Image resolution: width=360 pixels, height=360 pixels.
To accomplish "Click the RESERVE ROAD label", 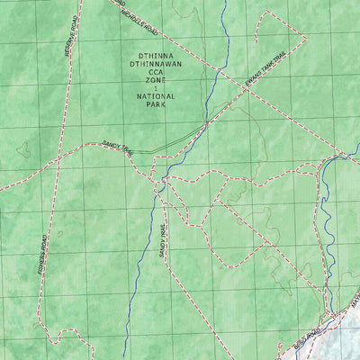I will (67, 59).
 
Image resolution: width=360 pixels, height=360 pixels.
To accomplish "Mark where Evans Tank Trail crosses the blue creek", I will (207, 121).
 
